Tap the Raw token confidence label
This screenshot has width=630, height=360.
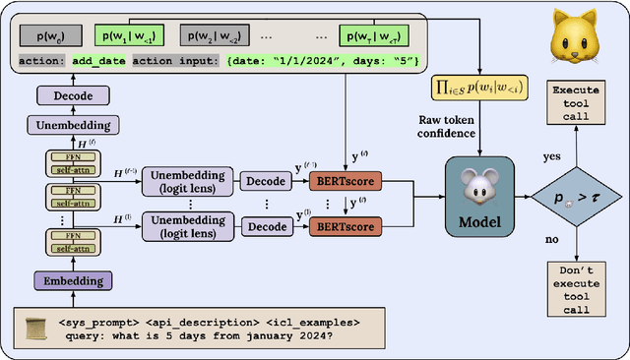[478, 125]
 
